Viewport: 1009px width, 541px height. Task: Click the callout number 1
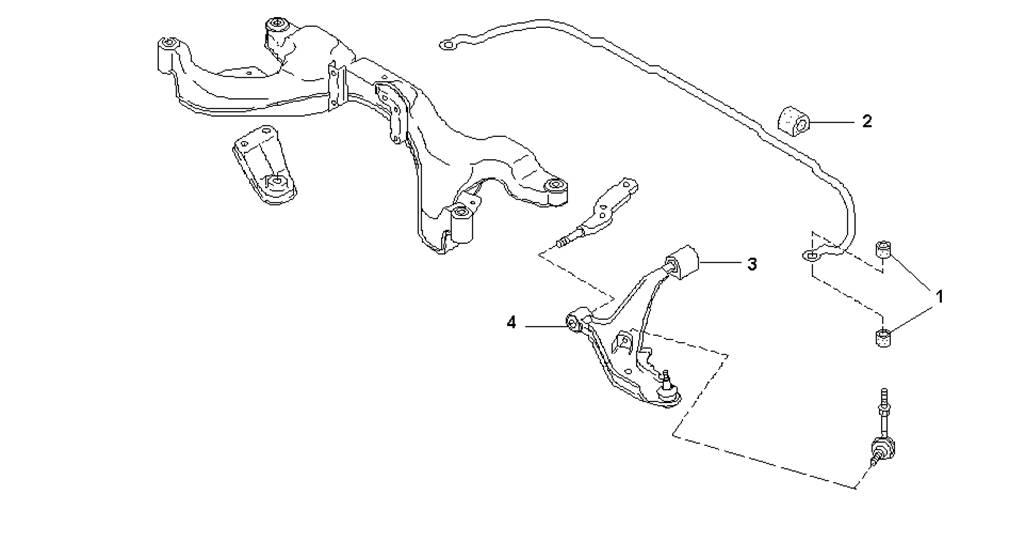939,297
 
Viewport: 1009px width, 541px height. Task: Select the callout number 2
867,121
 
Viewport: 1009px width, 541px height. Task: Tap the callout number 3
752,264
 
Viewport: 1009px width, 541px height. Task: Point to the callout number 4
511,322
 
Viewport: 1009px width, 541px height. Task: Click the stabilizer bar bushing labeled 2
795,121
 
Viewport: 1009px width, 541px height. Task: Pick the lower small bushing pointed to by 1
884,337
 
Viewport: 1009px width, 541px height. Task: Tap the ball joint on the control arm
667,388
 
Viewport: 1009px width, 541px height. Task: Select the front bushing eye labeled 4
575,320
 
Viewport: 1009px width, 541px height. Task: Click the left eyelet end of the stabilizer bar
449,44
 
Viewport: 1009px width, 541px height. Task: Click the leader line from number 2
832,122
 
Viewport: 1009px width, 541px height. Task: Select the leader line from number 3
719,263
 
